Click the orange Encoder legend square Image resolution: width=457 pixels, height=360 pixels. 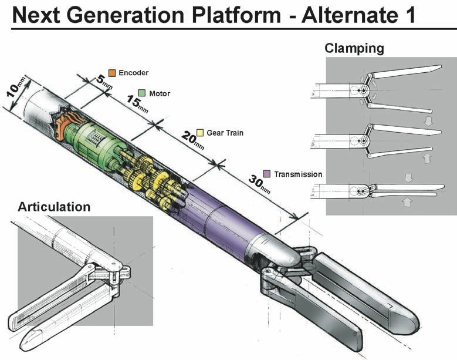click(112, 72)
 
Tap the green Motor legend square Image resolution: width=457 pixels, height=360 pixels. click(141, 93)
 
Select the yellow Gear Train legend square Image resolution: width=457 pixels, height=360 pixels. click(199, 133)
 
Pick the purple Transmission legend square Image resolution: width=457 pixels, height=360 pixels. click(266, 174)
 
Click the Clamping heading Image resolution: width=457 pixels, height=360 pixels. click(354, 48)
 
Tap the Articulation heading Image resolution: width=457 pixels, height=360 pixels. click(54, 207)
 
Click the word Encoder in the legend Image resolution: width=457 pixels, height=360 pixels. click(133, 72)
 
